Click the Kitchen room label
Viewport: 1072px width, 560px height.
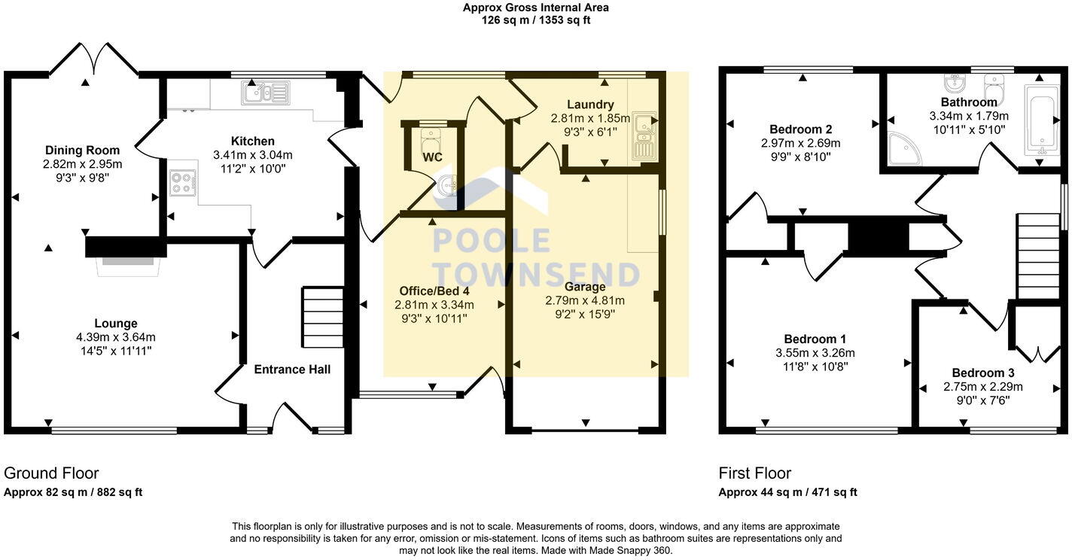[252, 141]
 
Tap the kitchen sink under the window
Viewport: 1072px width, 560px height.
[264, 93]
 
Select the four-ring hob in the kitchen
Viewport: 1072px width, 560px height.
[182, 183]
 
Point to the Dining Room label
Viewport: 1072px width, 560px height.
[83, 150]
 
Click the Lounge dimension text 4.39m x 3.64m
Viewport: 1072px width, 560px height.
[116, 337]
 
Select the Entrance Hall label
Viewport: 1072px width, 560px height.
[292, 369]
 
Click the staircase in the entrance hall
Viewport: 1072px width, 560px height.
[322, 317]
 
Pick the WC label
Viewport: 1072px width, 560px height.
[432, 157]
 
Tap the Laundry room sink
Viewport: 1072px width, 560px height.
[644, 135]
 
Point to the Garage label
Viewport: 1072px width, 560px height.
[585, 287]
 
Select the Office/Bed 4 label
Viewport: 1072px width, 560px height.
[434, 291]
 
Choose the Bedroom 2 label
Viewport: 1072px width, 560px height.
[800, 129]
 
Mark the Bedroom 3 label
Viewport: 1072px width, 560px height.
[983, 373]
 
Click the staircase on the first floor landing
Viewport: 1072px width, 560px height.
[1038, 257]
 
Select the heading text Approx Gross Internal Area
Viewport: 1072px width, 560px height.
[535, 8]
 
